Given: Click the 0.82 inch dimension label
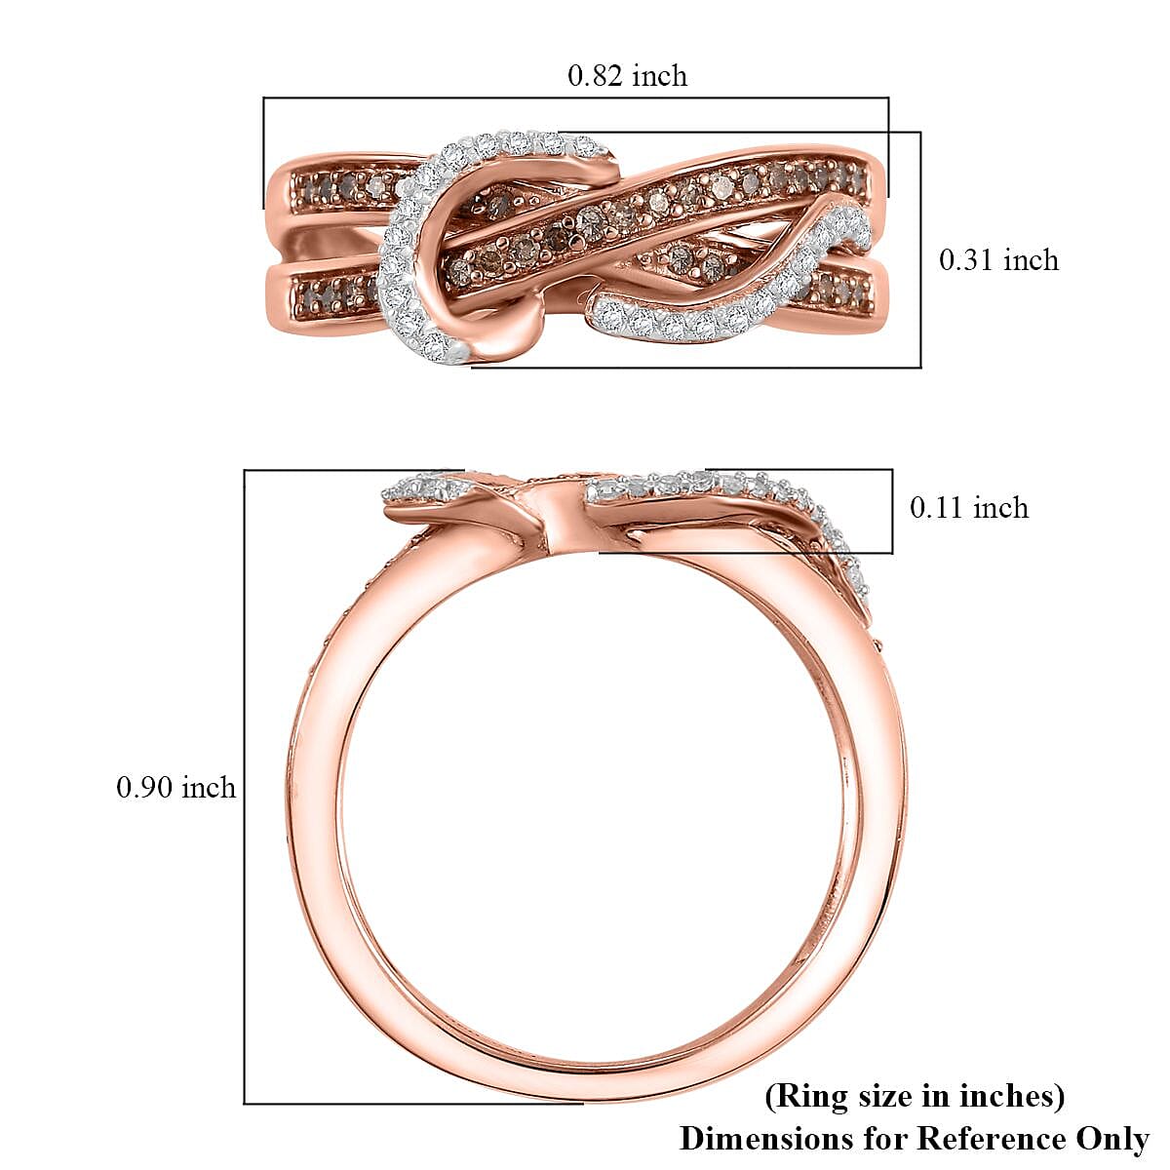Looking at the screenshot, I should (627, 76).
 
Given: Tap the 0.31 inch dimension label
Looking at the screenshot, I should (997, 260).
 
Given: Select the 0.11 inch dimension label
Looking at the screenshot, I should (968, 508).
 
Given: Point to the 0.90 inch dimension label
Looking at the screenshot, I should (176, 788).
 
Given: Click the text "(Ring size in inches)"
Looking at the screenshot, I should (914, 1096).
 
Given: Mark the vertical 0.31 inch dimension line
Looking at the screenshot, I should (920, 250).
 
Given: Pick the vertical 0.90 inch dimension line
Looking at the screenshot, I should (244, 788).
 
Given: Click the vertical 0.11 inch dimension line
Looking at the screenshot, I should (892, 511).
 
